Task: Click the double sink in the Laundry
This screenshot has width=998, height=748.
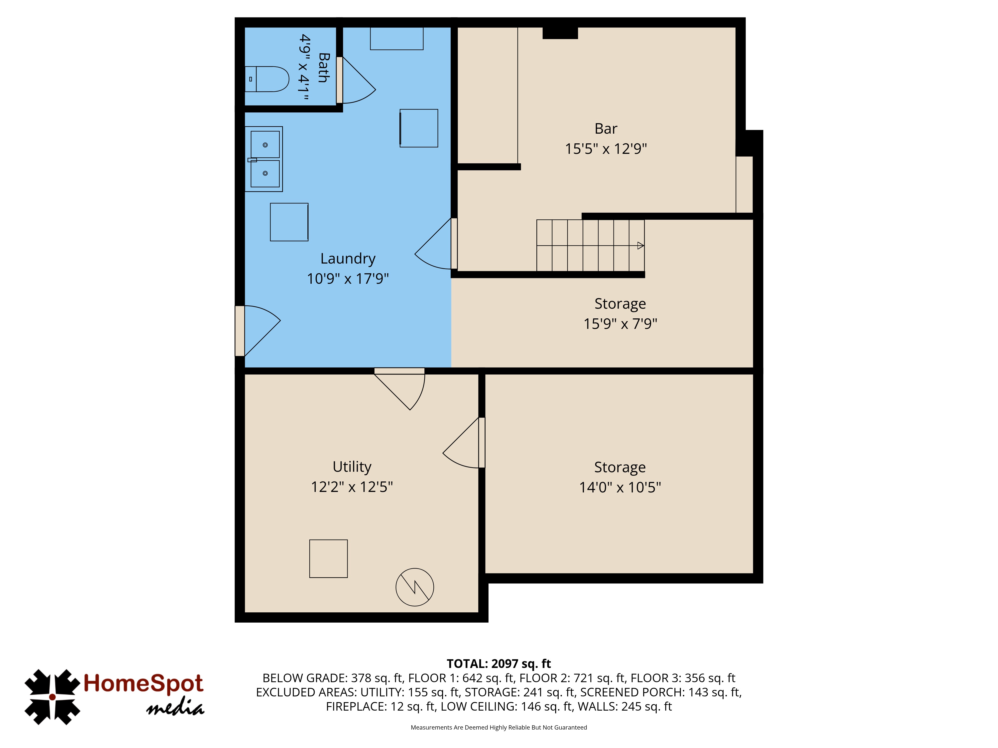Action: pos(264,159)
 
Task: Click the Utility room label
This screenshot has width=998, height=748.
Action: pos(352,467)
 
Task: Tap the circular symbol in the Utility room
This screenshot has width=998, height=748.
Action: pos(415,587)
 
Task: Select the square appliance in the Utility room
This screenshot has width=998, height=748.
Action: pos(328,559)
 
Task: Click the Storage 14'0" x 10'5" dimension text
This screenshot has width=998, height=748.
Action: pos(620,487)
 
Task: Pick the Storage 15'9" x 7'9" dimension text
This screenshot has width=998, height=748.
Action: pos(620,324)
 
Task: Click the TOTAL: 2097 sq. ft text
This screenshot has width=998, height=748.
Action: pos(499,664)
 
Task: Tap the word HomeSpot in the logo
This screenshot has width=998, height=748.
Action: pos(143,683)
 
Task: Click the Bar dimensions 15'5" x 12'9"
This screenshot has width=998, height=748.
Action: pos(606,149)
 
